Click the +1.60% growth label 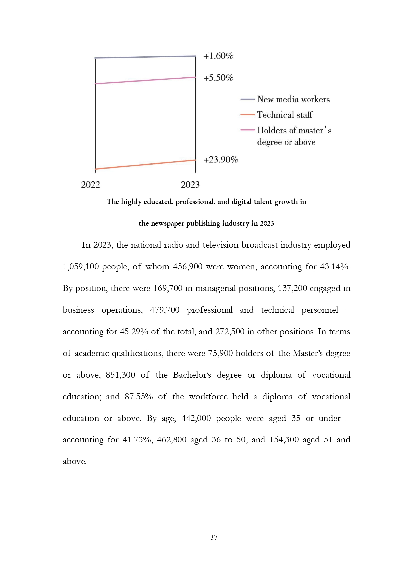[218, 56]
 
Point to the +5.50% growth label [218, 78]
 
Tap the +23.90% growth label [221, 160]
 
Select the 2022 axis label [90, 185]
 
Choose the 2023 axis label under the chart [190, 185]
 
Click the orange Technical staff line [145, 165]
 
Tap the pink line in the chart [145, 80]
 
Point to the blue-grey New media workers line [145, 57]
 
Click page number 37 [214, 537]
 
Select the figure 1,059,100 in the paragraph [80, 267]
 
